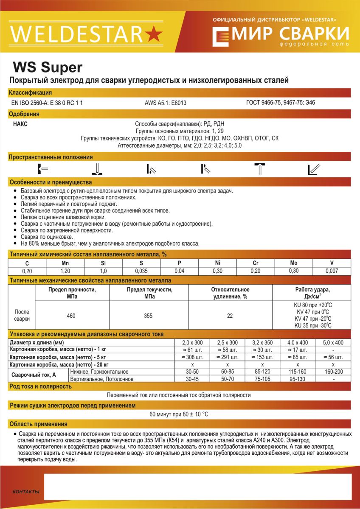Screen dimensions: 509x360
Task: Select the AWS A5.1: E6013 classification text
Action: pos(166,103)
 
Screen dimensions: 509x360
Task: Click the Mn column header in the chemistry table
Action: pos(65,263)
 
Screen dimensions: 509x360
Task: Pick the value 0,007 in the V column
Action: pos(332,271)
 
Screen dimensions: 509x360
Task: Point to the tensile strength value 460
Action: pos(71,316)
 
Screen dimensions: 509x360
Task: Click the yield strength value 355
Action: pos(149,316)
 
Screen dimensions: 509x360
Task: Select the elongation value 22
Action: pos(230,316)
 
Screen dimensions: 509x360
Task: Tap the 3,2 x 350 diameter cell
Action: pos(263,343)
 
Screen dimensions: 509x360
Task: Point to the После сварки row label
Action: pos(22,315)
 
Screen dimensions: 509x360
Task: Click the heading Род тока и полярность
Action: pos(40,386)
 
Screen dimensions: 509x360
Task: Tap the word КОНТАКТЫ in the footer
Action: pos(26,492)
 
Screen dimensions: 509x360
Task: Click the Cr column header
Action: pos(255,263)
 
